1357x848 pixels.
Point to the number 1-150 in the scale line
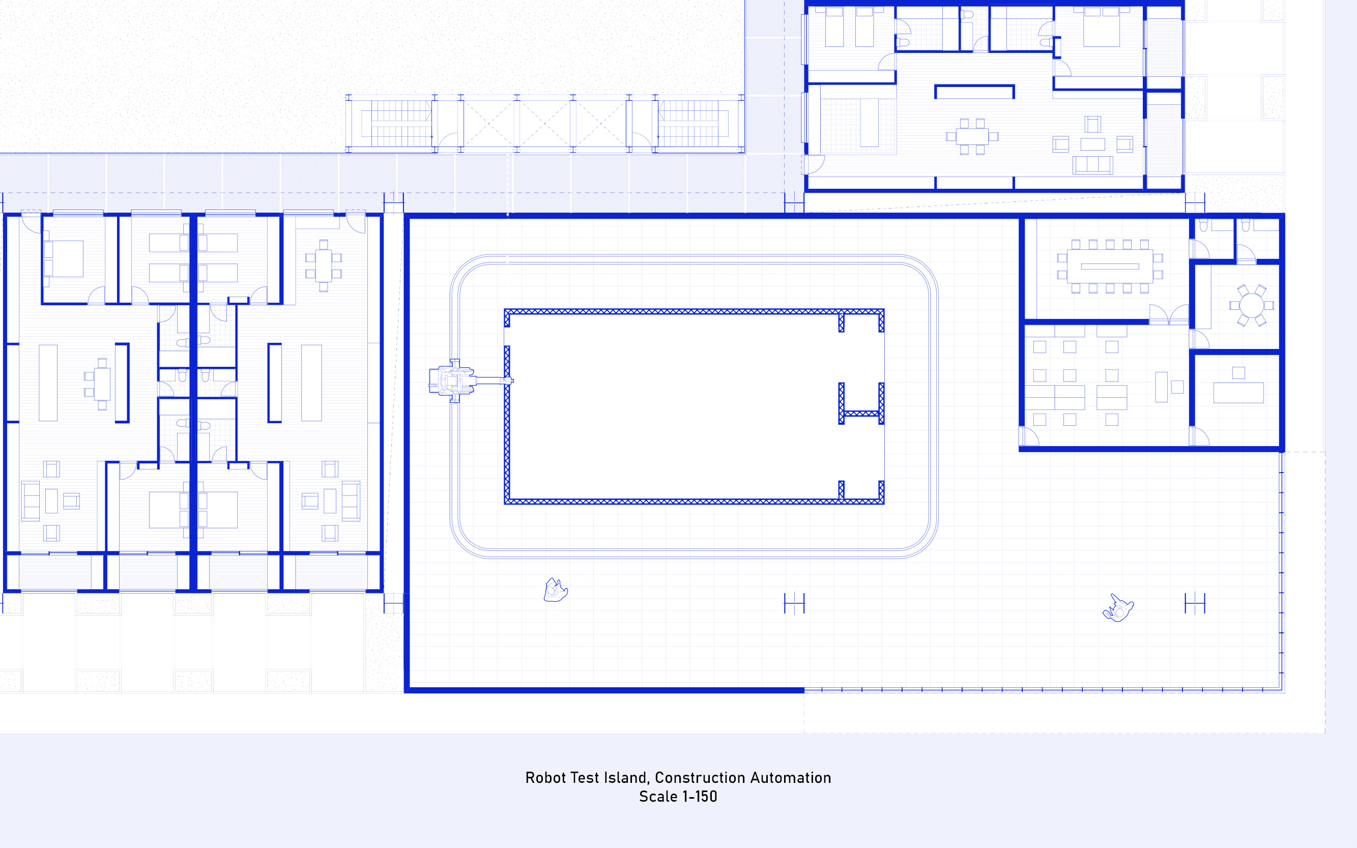(700, 797)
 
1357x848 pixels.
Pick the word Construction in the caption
(700, 777)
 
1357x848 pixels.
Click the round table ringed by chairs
(1252, 306)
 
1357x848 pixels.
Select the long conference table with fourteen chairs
(1110, 267)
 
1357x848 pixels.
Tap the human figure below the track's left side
(555, 591)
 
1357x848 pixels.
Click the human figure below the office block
(1118, 608)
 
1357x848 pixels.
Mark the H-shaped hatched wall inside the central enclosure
(861, 404)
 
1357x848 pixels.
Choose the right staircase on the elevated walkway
(693, 124)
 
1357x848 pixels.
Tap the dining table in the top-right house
(972, 136)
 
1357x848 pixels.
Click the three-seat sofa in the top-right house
(1092, 165)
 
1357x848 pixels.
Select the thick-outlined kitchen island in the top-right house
(974, 92)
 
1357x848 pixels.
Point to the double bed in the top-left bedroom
(64, 258)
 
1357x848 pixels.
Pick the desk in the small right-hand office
(1238, 393)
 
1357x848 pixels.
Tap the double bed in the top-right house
(1101, 27)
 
